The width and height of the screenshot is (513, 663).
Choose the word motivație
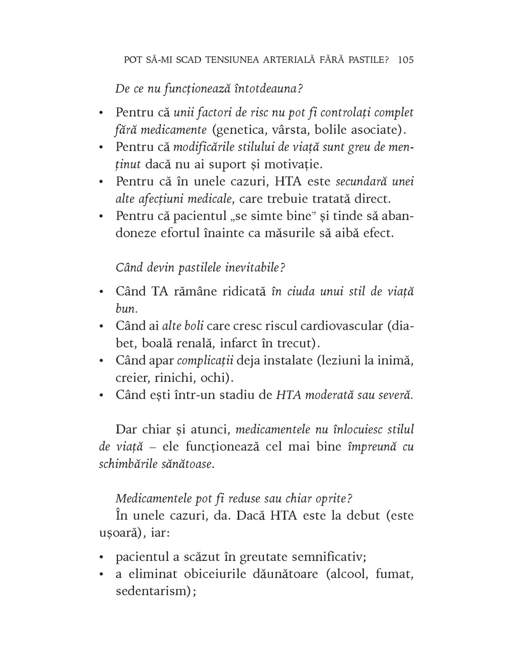click(x=293, y=164)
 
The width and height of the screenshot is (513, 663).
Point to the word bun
click(x=125, y=309)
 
